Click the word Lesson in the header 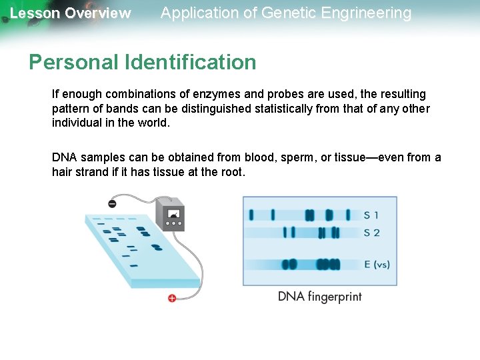(x=34, y=13)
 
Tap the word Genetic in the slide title (x=282, y=13)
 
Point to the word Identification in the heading (x=190, y=62)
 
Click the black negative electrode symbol (x=111, y=203)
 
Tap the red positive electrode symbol (x=171, y=298)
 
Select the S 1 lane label (x=371, y=215)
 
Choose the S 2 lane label (x=371, y=233)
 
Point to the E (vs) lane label (x=377, y=265)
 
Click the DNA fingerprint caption (x=319, y=297)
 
